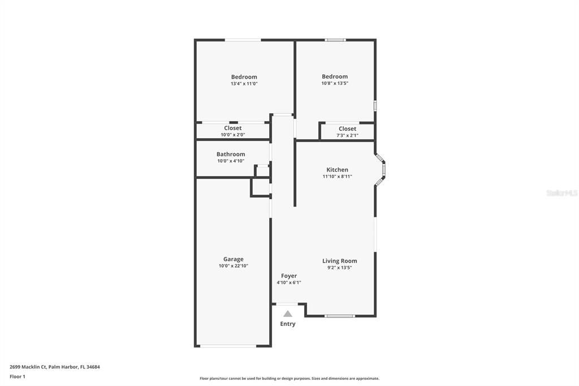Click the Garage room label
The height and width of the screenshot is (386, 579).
pyautogui.click(x=234, y=259)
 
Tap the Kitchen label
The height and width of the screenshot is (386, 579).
pyautogui.click(x=337, y=170)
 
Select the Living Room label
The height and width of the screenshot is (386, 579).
pyautogui.click(x=340, y=261)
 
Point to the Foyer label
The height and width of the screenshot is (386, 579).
pyautogui.click(x=289, y=276)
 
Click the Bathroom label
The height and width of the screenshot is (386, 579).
pyautogui.click(x=231, y=154)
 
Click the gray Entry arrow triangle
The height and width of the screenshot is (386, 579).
pyautogui.click(x=288, y=314)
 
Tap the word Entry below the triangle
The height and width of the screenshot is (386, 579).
pyautogui.click(x=288, y=324)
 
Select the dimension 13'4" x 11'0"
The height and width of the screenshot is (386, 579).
pyautogui.click(x=244, y=84)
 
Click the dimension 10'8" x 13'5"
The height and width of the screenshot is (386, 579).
pyautogui.click(x=335, y=84)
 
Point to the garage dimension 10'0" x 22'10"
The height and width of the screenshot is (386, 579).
pyautogui.click(x=234, y=266)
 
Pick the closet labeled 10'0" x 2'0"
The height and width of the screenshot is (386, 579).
pyautogui.click(x=232, y=131)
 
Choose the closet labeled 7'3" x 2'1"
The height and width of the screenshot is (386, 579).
pyautogui.click(x=348, y=132)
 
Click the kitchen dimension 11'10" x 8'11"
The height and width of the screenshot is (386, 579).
pyautogui.click(x=337, y=177)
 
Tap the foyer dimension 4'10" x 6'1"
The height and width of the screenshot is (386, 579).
pyautogui.click(x=289, y=282)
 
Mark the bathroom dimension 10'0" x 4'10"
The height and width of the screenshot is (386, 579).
pyautogui.click(x=231, y=161)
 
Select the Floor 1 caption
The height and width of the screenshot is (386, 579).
pyautogui.click(x=18, y=377)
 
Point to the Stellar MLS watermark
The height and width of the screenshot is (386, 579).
pyautogui.click(x=562, y=193)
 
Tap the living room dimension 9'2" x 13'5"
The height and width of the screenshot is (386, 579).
pyautogui.click(x=340, y=268)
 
